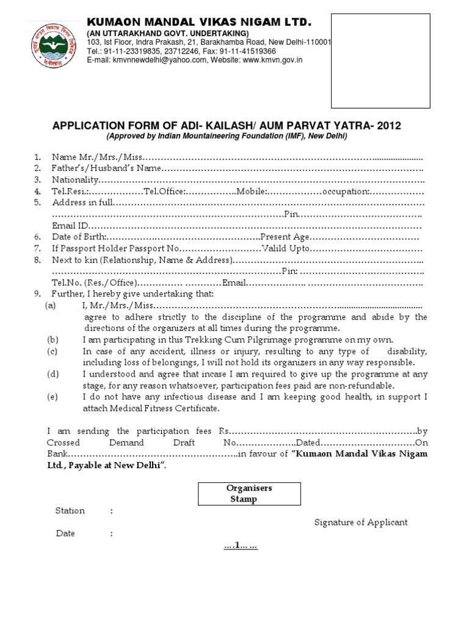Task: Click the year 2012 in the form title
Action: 390,126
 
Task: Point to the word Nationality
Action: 75,179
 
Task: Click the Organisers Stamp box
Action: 249,494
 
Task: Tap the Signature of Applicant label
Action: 361,522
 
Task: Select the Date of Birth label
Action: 79,237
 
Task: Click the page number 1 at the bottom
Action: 240,545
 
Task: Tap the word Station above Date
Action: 70,511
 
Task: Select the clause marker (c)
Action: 53,352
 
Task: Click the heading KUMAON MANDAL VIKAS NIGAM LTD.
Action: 200,23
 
